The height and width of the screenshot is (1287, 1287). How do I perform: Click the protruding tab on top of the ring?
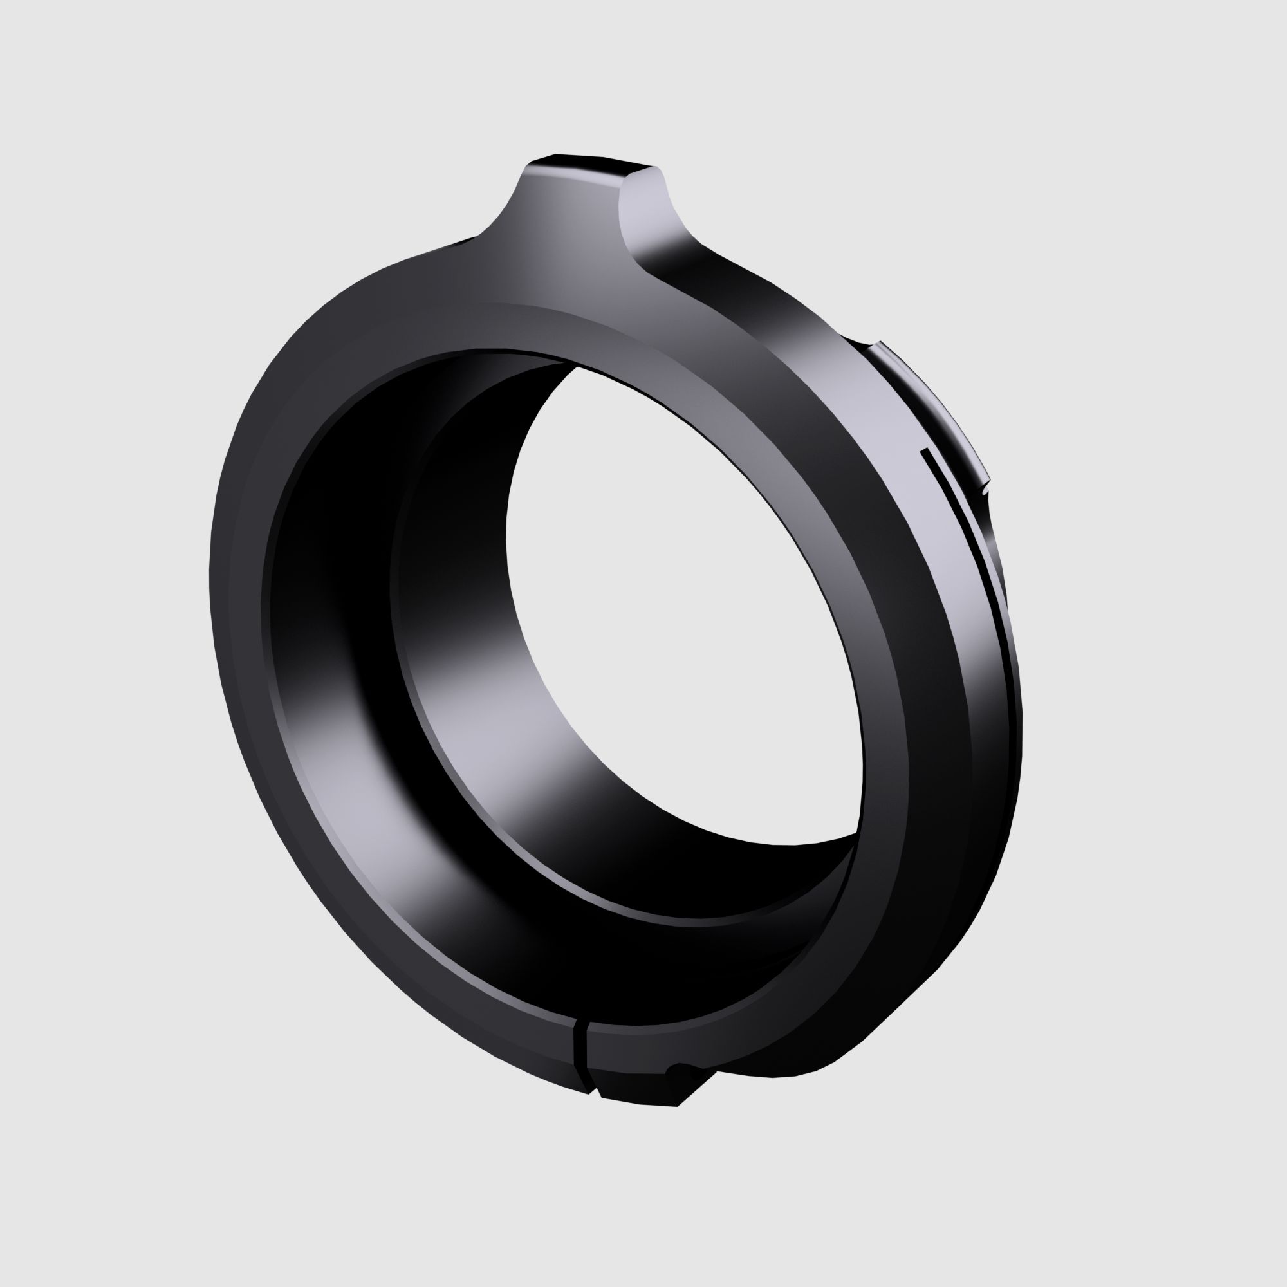(x=586, y=213)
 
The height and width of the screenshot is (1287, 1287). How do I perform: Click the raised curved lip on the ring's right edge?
(x=932, y=400)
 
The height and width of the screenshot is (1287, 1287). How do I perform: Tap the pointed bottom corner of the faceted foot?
(x=677, y=1105)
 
